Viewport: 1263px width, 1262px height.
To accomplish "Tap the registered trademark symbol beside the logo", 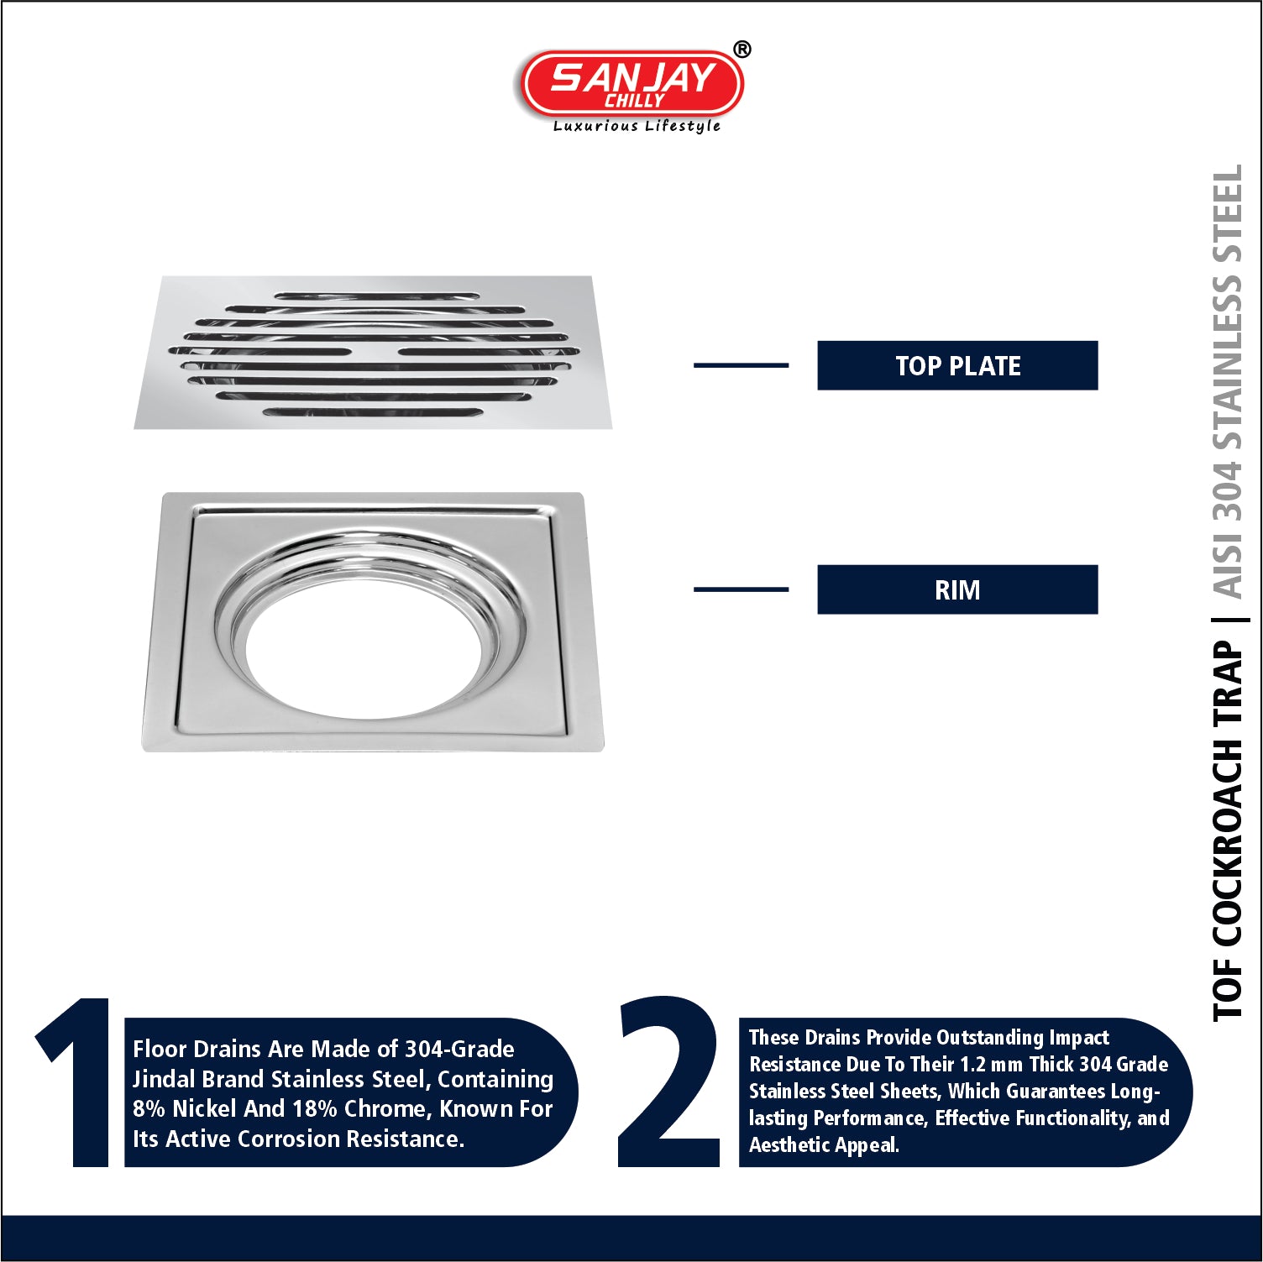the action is click(x=742, y=50).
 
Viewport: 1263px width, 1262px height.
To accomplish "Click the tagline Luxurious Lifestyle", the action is click(x=637, y=126).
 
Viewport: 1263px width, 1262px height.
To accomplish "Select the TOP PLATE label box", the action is click(x=957, y=365).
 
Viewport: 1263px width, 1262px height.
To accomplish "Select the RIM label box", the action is click(x=957, y=589).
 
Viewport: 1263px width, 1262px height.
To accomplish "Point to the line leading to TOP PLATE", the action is click(x=741, y=365).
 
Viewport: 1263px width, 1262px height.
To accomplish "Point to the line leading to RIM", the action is click(x=741, y=589).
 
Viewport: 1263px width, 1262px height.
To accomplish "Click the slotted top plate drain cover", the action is click(x=373, y=353).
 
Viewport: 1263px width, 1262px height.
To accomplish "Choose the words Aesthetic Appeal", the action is click(x=824, y=1145).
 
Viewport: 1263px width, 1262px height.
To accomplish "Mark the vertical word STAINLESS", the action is click(x=1228, y=361).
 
